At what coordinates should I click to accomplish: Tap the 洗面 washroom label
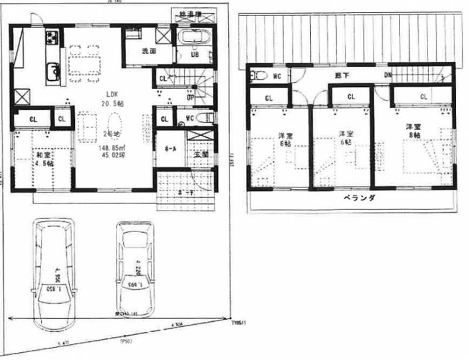pyautogui.click(x=148, y=51)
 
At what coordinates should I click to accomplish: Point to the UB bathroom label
pyautogui.click(x=195, y=55)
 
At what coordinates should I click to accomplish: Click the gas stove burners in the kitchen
pyautogui.click(x=53, y=36)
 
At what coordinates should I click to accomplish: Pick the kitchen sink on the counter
pyautogui.click(x=52, y=70)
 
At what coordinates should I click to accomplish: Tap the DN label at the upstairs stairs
pyautogui.click(x=388, y=75)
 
